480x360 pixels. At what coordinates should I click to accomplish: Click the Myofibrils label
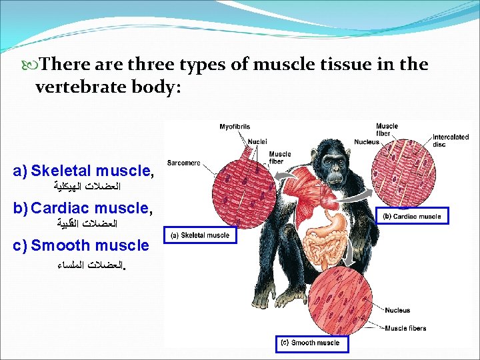(x=235, y=127)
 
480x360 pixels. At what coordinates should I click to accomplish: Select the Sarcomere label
(x=183, y=163)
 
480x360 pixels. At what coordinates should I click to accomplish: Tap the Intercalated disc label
(x=451, y=141)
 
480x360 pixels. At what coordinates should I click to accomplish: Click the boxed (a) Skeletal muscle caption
(x=200, y=235)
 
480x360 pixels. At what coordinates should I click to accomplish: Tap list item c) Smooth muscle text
(x=81, y=245)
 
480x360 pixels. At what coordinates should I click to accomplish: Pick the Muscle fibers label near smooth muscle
(x=405, y=328)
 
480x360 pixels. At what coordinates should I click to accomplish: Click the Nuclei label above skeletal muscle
(x=257, y=141)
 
